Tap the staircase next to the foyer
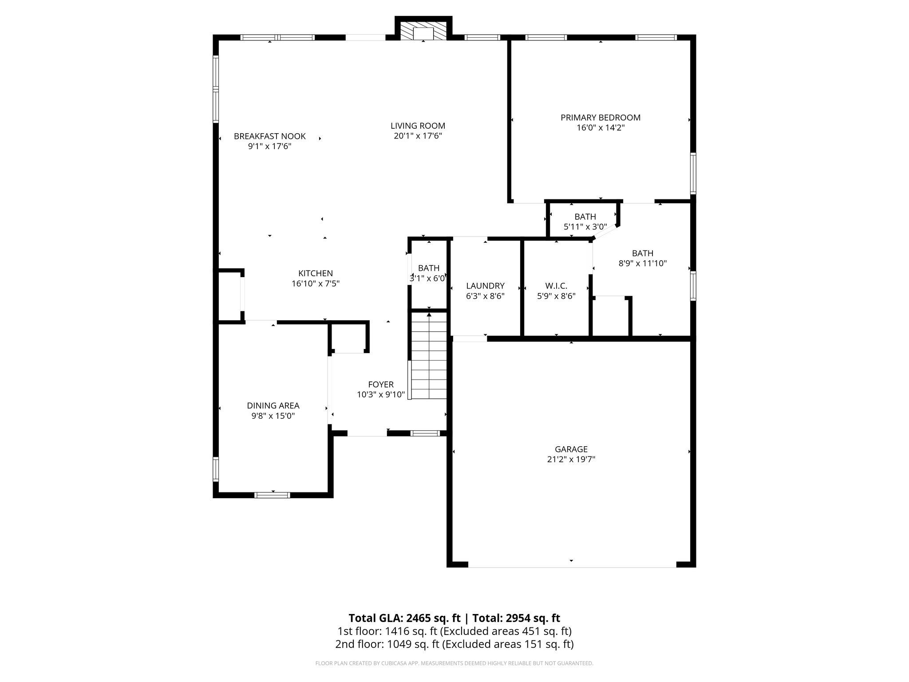[429, 355]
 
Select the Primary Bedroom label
[600, 118]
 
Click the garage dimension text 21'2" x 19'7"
[571, 460]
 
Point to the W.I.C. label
[556, 286]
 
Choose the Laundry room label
[485, 286]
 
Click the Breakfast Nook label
[269, 136]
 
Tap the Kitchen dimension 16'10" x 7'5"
[315, 283]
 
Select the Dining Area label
[273, 405]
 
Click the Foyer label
[381, 385]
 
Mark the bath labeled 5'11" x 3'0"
[585, 222]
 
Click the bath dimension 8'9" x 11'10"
[642, 263]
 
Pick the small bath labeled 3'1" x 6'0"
[428, 273]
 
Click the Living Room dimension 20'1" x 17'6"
[418, 136]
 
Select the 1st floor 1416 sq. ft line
[454, 631]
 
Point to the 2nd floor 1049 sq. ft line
[454, 644]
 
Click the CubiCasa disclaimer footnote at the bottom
[454, 663]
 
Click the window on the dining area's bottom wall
[273, 495]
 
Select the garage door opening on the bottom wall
[572, 565]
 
